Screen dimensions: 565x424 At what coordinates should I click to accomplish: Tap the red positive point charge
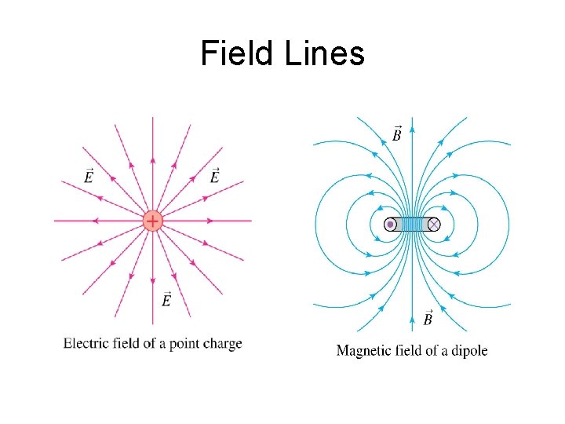[152, 221]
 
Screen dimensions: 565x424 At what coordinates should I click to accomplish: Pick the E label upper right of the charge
[214, 176]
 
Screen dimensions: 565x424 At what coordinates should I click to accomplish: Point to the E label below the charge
[166, 299]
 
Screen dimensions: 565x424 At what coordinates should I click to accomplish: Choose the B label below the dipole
[428, 318]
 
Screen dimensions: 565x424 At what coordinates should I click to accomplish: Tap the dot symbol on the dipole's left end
[390, 225]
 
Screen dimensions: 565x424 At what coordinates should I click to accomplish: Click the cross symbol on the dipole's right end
[433, 225]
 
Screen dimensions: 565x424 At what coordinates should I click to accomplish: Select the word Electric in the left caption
[88, 343]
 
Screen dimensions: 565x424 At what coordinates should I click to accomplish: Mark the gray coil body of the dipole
[411, 225]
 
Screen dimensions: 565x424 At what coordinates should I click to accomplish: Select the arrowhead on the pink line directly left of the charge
[94, 221]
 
